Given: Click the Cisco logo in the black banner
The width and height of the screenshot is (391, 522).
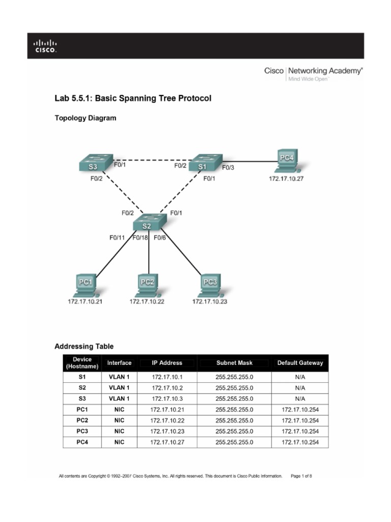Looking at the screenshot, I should (45, 46).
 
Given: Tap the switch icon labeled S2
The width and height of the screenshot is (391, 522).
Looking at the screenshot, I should (148, 223).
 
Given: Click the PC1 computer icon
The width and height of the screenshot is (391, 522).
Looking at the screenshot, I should (86, 285).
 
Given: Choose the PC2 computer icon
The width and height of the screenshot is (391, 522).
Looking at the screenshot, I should (147, 285).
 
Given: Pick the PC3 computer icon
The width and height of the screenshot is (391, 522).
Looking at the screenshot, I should (210, 285).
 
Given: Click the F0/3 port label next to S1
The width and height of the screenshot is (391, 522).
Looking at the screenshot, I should (228, 167).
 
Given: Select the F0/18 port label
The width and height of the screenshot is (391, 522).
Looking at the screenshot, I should (141, 238).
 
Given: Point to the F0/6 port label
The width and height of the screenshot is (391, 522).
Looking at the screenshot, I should (160, 238).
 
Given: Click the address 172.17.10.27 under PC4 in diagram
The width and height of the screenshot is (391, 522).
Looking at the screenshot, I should (286, 179).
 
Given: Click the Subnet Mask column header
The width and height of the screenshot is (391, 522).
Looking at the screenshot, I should (234, 363).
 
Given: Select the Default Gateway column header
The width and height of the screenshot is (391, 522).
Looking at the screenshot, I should (300, 363).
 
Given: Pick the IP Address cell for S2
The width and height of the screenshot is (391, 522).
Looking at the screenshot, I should (166, 388).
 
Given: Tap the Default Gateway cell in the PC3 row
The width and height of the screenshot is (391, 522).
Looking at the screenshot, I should (300, 431).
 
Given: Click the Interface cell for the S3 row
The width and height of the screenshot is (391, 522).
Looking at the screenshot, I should (119, 399).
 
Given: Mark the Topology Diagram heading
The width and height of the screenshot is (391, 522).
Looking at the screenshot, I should (86, 118).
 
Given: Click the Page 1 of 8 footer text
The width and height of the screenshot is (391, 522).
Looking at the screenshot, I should (301, 476).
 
